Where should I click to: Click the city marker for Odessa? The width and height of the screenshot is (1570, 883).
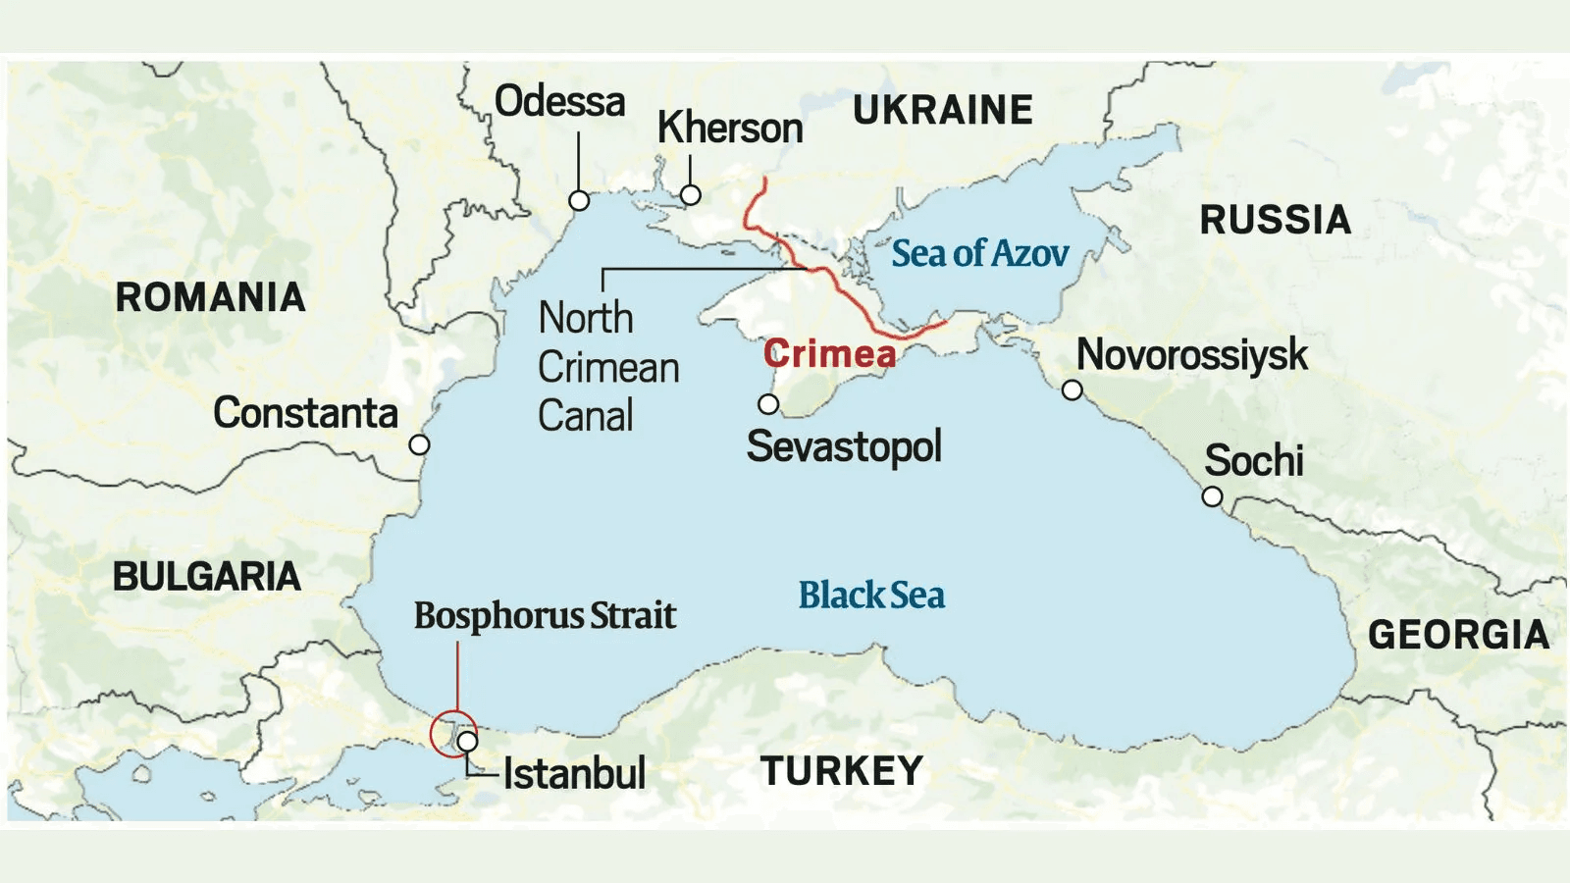point(579,201)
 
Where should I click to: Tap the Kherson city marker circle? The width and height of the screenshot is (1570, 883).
point(691,195)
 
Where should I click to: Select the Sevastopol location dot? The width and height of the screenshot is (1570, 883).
point(768,404)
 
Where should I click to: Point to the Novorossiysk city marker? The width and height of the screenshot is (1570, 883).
point(1073,390)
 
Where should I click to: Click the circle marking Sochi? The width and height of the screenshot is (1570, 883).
point(1212,496)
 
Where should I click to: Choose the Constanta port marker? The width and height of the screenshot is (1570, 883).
point(419,444)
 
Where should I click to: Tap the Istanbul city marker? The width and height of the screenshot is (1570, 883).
point(468,742)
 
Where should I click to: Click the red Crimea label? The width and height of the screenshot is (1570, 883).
point(829,353)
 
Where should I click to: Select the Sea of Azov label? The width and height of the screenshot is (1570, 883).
point(979,253)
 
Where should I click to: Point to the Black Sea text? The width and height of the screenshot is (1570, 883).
point(871,595)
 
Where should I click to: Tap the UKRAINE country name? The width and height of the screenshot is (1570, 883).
point(942,110)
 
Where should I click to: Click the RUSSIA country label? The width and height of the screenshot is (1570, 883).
point(1275,220)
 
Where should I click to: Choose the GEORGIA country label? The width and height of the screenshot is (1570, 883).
point(1458,635)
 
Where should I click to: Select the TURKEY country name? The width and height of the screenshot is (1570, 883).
point(841,771)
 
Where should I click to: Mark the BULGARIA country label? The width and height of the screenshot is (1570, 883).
point(206,577)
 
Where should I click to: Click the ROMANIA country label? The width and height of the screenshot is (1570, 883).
point(210,297)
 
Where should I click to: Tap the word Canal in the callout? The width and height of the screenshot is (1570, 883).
point(586,416)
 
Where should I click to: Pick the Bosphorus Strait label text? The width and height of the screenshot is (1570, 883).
point(545,616)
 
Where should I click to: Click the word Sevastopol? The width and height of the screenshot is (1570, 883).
point(844,446)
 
